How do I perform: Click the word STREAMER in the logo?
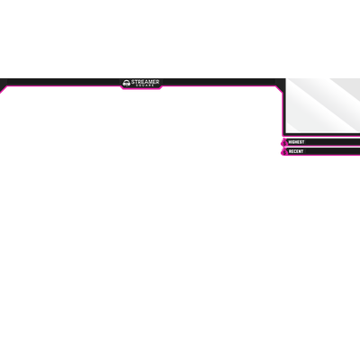pyautogui.click(x=145, y=82)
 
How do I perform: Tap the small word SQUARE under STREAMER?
pyautogui.click(x=145, y=85)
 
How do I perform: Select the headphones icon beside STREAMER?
pyautogui.click(x=126, y=84)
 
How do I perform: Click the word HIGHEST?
pyautogui.click(x=296, y=142)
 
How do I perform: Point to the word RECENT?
pyautogui.click(x=296, y=151)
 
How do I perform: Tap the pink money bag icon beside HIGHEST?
pyautogui.click(x=284, y=142)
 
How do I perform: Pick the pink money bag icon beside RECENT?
pyautogui.click(x=284, y=152)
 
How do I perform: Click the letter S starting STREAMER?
pyautogui.click(x=133, y=82)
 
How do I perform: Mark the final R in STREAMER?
pyautogui.click(x=157, y=82)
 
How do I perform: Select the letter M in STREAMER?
pyautogui.click(x=149, y=82)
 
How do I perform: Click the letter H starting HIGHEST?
pyautogui.click(x=290, y=142)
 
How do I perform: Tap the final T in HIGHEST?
pyautogui.click(x=303, y=142)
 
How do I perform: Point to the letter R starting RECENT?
pyautogui.click(x=290, y=151)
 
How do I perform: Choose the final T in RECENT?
pyautogui.click(x=302, y=151)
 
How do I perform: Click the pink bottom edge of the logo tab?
pyautogui.click(x=141, y=89)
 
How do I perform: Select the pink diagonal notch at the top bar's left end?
pyautogui.click(x=4, y=90)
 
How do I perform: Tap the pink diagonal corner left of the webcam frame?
pyautogui.click(x=279, y=89)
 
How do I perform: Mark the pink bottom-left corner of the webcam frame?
pyautogui.click(x=283, y=135)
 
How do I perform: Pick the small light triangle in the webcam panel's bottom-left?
pyautogui.click(x=291, y=128)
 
